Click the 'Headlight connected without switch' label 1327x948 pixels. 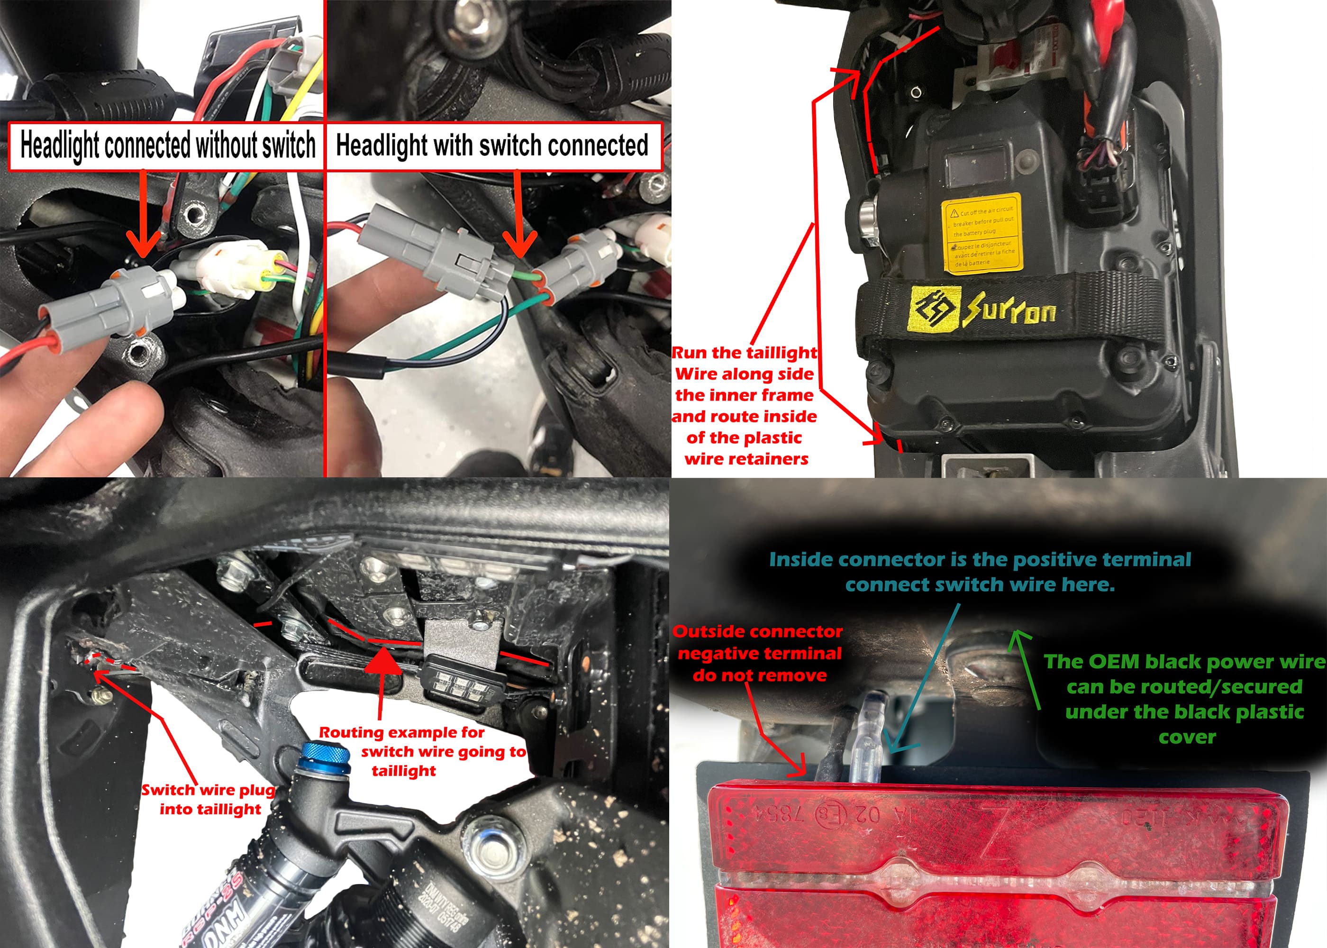coord(167,146)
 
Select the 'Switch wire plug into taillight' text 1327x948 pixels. coord(209,799)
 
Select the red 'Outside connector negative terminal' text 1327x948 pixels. coord(758,653)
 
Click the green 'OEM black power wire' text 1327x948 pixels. coord(1185,699)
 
